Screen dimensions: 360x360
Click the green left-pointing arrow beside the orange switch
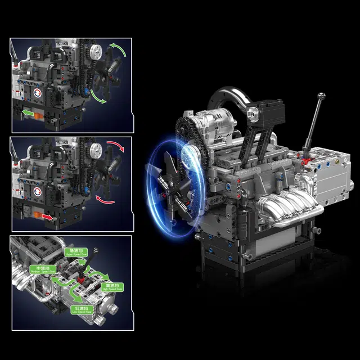click(x=27, y=114)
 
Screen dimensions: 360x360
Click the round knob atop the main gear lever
click(x=321, y=96)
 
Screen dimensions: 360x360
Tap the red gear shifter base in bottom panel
click(x=82, y=276)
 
